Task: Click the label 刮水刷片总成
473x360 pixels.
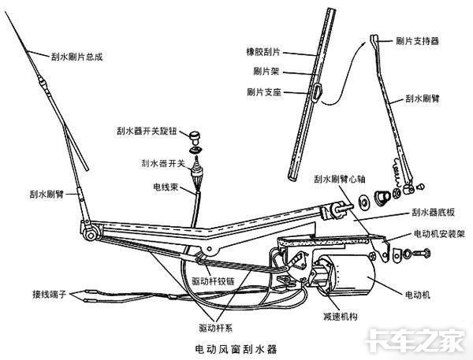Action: coord(77,57)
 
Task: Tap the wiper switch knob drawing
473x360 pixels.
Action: coord(196,138)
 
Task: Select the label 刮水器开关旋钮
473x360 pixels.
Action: coord(147,131)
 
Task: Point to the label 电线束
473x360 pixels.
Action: coord(166,187)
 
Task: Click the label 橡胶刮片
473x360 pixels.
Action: coord(263,52)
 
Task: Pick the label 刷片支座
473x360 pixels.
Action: coord(264,92)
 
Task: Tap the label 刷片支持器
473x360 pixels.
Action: coord(417,41)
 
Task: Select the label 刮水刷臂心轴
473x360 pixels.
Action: coord(340,179)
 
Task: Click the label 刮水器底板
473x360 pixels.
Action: coord(433,212)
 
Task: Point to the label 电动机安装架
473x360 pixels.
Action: coord(439,234)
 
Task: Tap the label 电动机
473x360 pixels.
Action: coord(418,295)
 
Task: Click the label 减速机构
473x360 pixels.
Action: coord(341,317)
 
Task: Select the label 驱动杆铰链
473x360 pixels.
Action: coord(214,282)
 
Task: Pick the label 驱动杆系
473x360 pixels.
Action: coord(216,328)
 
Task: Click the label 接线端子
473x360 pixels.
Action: coord(50,294)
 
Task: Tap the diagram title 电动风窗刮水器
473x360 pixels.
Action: coord(236,350)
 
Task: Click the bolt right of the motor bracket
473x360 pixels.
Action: coord(422,254)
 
